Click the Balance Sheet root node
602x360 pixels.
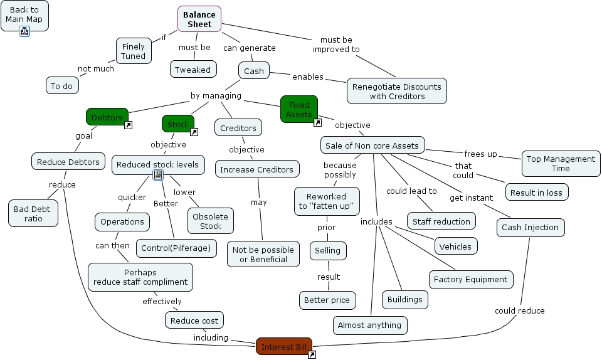tap(199, 19)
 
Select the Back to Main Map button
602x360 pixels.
tap(24, 14)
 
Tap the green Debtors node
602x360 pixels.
tap(107, 117)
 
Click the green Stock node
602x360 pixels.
tap(177, 124)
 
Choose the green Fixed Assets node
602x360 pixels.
tap(298, 109)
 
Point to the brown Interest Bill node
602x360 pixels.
tap(283, 346)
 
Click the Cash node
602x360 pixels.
tap(253, 71)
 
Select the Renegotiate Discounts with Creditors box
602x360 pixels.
tap(396, 91)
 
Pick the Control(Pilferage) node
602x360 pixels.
tap(176, 248)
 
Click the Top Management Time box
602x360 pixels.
tap(561, 163)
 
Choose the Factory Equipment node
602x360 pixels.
tap(470, 279)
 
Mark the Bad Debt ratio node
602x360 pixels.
tap(33, 213)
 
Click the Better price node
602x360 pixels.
tap(327, 300)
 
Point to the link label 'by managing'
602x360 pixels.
tap(216, 96)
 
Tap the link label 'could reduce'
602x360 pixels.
tap(519, 310)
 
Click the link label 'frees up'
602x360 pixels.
tap(480, 154)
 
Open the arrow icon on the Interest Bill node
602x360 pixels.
tap(312, 355)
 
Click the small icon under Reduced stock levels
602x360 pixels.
tap(158, 175)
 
